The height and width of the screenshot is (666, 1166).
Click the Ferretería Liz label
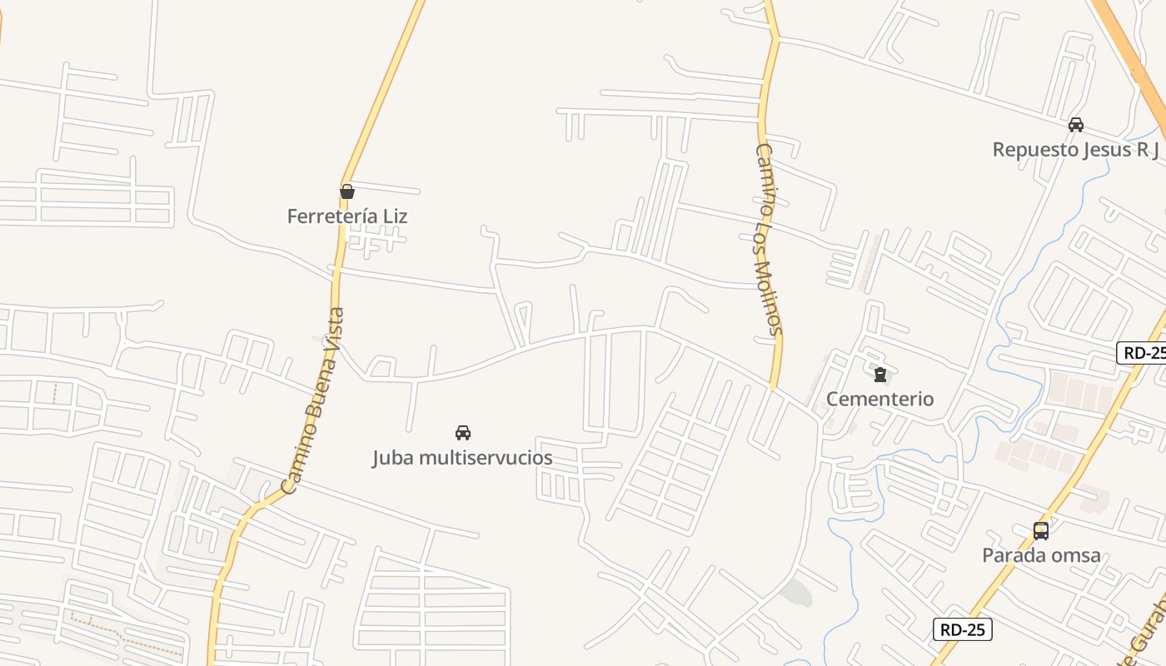pos(347,216)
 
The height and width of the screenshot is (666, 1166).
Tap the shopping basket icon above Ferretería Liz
pos(347,191)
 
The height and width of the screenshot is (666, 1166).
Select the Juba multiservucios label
pos(462,458)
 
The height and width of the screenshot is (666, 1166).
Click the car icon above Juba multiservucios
pos(463,432)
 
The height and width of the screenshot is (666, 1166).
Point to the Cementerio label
pos(879,399)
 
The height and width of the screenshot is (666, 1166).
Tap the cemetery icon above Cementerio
pos(880,375)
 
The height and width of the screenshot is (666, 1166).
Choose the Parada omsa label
pos(1041,555)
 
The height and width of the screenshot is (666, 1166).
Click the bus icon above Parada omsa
pos(1041,530)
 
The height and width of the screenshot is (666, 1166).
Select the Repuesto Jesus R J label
pos(1076,150)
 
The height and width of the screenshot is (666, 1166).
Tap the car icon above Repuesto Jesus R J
pos(1076,125)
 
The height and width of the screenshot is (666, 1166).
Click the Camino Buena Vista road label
pos(313,401)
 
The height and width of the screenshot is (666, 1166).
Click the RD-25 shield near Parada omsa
pos(962,629)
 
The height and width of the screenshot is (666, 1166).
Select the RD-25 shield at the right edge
pos(1144,352)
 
